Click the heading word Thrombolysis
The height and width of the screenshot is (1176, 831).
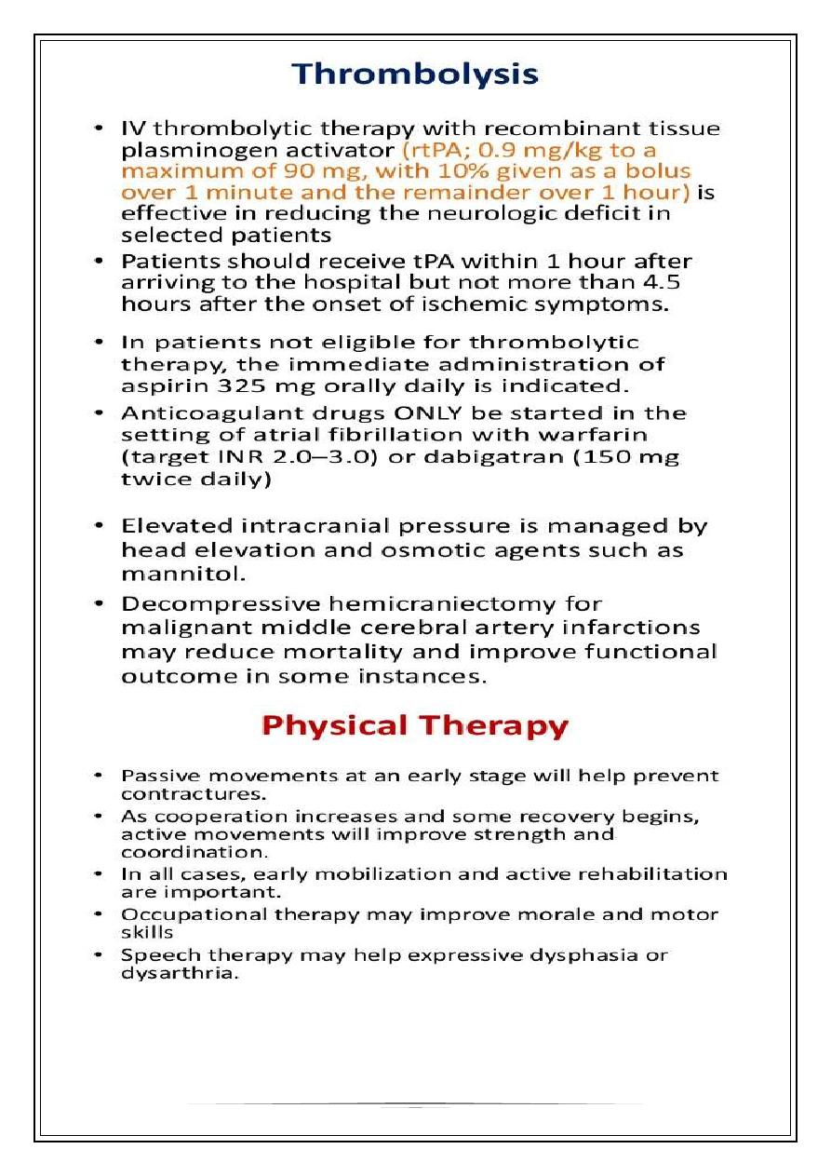(415, 74)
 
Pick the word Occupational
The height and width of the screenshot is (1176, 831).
(194, 914)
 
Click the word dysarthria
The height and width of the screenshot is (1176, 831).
(169, 974)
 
